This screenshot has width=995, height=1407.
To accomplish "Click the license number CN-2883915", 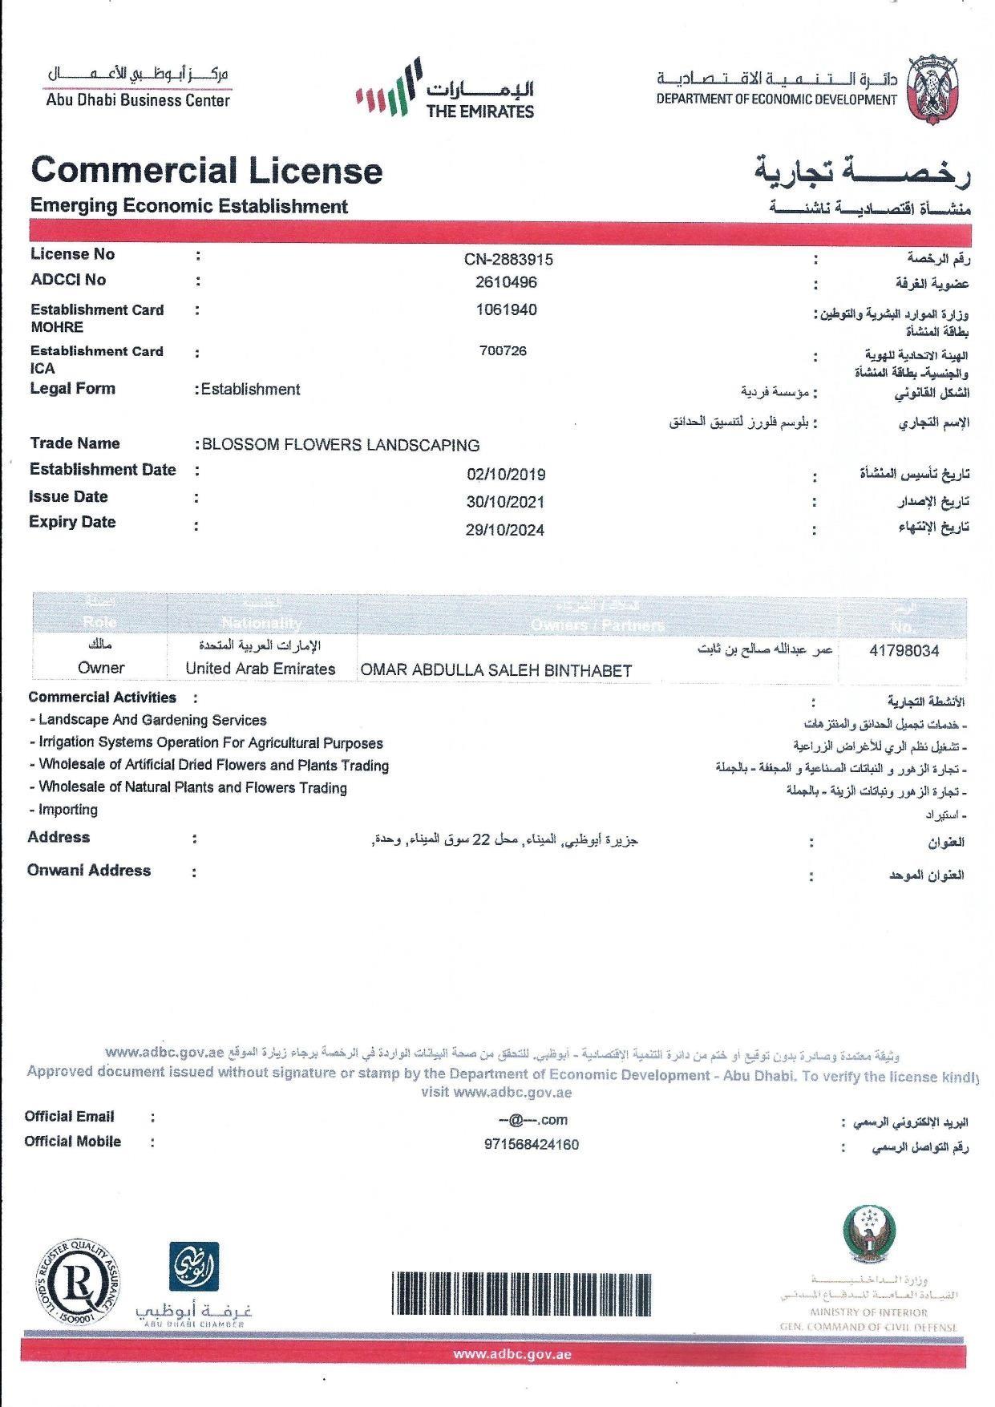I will click(x=508, y=260).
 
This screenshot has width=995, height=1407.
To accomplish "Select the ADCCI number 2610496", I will click(x=505, y=283).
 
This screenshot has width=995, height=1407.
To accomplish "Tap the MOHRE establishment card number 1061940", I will click(x=506, y=310).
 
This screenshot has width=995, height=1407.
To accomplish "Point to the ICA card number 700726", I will click(x=503, y=351).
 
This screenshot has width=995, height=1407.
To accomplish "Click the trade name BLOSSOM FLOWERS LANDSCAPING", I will click(x=341, y=446).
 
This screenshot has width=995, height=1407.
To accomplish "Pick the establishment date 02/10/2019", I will click(x=506, y=475).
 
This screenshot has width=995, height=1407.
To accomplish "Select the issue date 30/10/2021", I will click(x=505, y=503).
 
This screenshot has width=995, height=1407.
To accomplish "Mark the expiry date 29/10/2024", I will click(x=504, y=530).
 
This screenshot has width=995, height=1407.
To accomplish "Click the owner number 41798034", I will click(x=904, y=651).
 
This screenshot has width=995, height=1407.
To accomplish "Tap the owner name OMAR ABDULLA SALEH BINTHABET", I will click(x=496, y=671).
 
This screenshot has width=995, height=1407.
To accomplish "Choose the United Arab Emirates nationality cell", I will click(x=261, y=669).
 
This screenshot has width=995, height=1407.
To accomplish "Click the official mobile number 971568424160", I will click(x=531, y=1145).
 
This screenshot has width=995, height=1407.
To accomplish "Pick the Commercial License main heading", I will click(x=206, y=171).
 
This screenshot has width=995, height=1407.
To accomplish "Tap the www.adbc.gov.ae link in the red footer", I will click(x=512, y=1355).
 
